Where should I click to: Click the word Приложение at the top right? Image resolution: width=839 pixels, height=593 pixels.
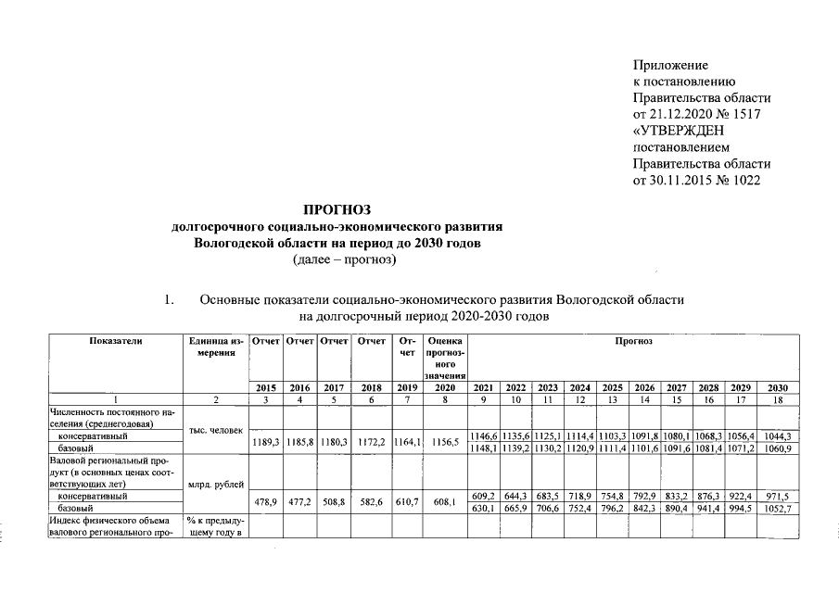pos(670,65)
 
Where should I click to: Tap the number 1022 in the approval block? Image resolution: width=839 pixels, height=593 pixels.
pos(743,179)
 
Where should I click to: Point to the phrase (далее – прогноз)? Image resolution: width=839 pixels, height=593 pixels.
pos(343,259)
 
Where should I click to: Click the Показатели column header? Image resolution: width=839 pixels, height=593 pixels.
pos(115,342)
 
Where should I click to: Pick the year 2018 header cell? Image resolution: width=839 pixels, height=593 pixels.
pos(373,387)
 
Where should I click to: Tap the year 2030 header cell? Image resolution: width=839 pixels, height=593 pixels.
pos(777,387)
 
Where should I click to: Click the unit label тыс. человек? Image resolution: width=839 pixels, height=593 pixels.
pos(214,430)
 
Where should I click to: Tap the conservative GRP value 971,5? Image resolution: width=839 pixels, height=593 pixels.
pos(777,497)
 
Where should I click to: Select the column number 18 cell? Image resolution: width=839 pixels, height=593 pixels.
pos(777,399)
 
